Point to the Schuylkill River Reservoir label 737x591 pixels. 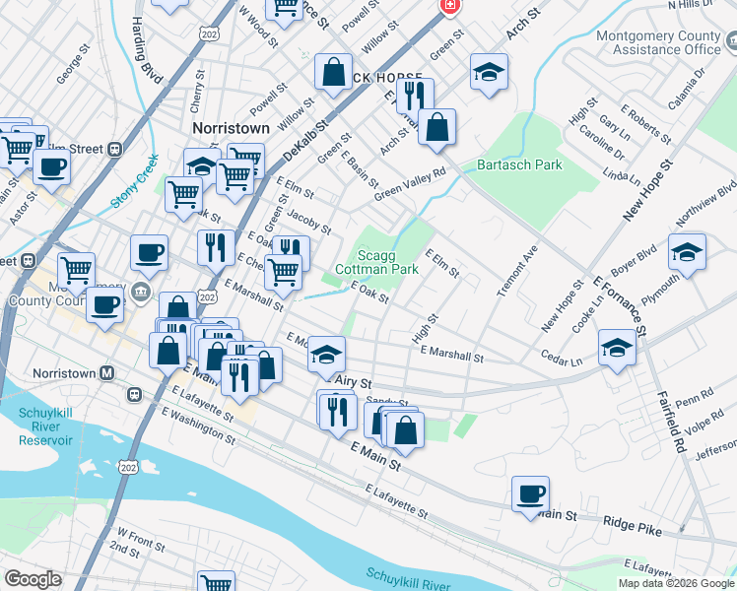click(47, 428)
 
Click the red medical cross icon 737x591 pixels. click(450, 6)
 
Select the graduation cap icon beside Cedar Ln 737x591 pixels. click(617, 348)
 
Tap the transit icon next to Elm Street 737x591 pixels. click(114, 149)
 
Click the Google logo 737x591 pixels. click(34, 579)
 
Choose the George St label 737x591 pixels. click(68, 67)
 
